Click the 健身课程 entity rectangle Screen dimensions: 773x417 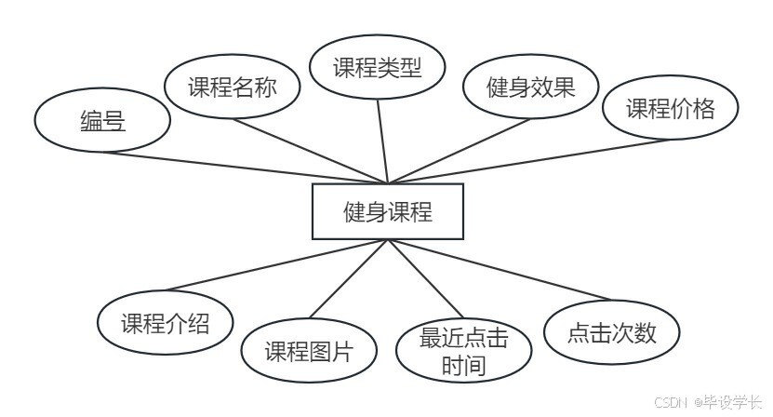click(387, 211)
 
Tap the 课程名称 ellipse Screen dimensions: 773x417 click(232, 88)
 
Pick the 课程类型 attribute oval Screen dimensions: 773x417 click(378, 67)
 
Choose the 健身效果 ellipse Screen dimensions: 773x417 click(531, 87)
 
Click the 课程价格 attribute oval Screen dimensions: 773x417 click(670, 109)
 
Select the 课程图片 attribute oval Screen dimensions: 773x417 click(309, 352)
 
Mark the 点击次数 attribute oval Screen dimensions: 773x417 click(612, 332)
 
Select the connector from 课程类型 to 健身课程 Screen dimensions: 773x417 click(381, 140)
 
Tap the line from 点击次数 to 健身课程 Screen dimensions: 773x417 click(484, 274)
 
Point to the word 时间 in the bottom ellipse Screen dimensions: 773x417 click(464, 365)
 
